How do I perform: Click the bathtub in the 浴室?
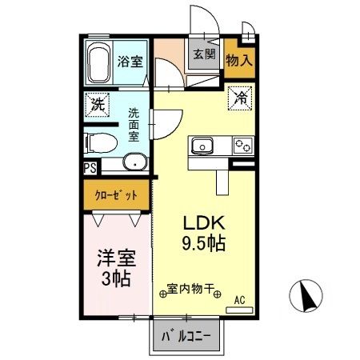point(100,63)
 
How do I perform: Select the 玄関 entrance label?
point(204,55)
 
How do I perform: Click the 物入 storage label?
point(239,60)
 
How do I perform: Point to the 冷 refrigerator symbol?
point(240,98)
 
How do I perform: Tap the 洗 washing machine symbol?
point(97,103)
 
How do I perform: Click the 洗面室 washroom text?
point(133,125)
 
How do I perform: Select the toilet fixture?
point(101,143)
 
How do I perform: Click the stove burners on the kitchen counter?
point(242,145)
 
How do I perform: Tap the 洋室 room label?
point(116,259)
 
